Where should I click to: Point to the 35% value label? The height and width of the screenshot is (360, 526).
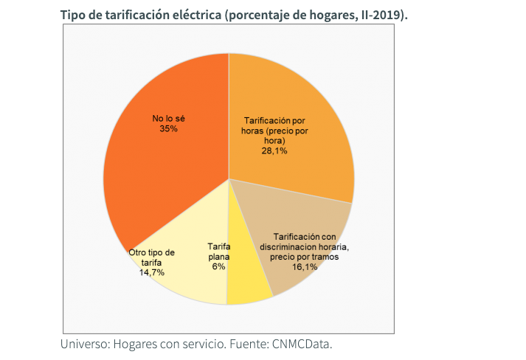click(168, 128)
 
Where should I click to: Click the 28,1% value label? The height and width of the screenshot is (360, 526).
click(274, 150)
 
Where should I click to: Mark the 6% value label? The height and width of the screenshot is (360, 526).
click(218, 266)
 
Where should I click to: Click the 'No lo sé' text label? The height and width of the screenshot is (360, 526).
click(168, 118)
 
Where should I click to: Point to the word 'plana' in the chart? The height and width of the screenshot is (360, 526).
click(219, 257)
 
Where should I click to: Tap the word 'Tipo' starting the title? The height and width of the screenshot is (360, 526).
click(75, 15)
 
